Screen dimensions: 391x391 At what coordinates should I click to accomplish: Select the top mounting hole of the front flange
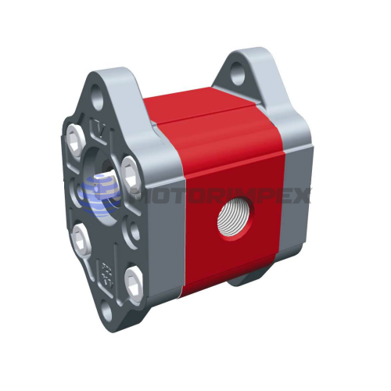click(98, 100)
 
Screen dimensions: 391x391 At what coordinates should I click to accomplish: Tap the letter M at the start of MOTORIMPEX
click(133, 195)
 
